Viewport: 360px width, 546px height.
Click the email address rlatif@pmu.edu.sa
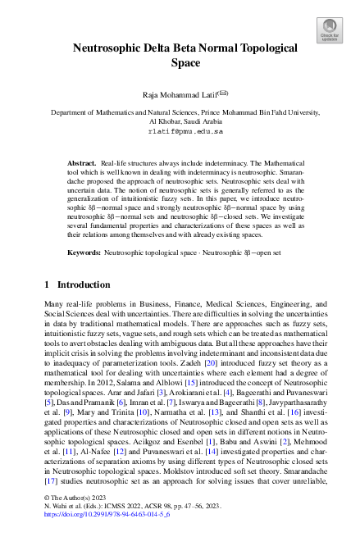point(180,130)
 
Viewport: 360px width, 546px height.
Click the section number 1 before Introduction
point(46,285)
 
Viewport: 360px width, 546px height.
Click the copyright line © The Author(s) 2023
point(77,520)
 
